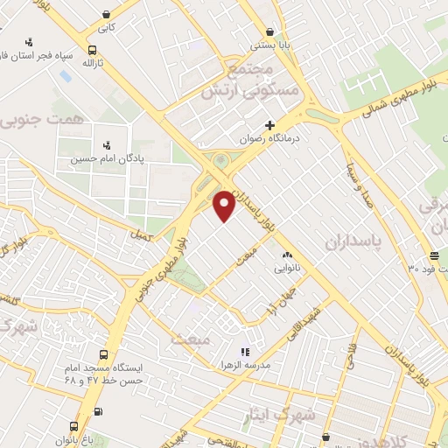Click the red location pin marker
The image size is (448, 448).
coord(224,204)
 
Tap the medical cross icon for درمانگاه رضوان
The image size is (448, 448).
coord(270,125)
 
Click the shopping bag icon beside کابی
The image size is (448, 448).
coord(106,14)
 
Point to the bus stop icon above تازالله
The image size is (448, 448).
coord(93,50)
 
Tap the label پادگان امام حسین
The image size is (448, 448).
coord(106,158)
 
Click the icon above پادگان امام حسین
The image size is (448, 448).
coord(107,144)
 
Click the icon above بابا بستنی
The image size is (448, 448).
coord(277,28)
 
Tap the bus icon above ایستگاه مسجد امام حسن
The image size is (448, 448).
coord(104,355)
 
